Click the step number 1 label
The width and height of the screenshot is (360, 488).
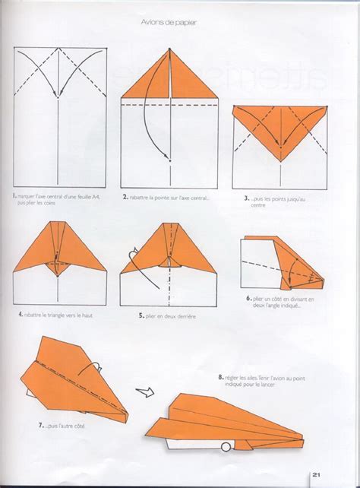pos(14,195)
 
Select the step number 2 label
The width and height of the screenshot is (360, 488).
pos(125,196)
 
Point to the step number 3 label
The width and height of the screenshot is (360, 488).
pos(247,198)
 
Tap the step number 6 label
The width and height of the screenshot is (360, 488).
pos(249,299)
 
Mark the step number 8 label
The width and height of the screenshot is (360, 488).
pos(219,376)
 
